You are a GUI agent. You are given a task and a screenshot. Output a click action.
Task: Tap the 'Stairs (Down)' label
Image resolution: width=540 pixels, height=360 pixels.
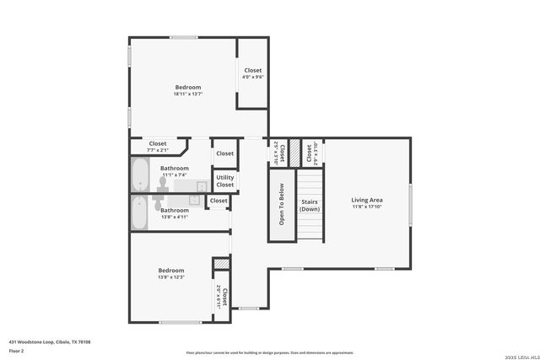coord(310,205)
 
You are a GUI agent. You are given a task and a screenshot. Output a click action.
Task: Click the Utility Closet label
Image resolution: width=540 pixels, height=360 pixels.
coord(224,181)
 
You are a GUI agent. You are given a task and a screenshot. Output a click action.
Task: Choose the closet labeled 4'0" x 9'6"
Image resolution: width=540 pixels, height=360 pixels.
coord(253,73)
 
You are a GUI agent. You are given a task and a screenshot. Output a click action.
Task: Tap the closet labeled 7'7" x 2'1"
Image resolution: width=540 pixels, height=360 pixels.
coord(158,147)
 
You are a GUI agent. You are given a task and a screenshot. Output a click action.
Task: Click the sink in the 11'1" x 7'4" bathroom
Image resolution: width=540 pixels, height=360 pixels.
coord(202,185)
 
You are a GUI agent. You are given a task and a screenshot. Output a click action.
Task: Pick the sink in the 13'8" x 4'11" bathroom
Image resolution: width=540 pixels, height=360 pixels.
coord(194,201)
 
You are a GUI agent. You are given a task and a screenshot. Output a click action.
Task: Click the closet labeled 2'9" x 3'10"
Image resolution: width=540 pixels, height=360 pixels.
coord(310,153)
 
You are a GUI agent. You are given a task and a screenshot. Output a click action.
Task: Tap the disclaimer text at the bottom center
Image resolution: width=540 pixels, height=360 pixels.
coord(270,353)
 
